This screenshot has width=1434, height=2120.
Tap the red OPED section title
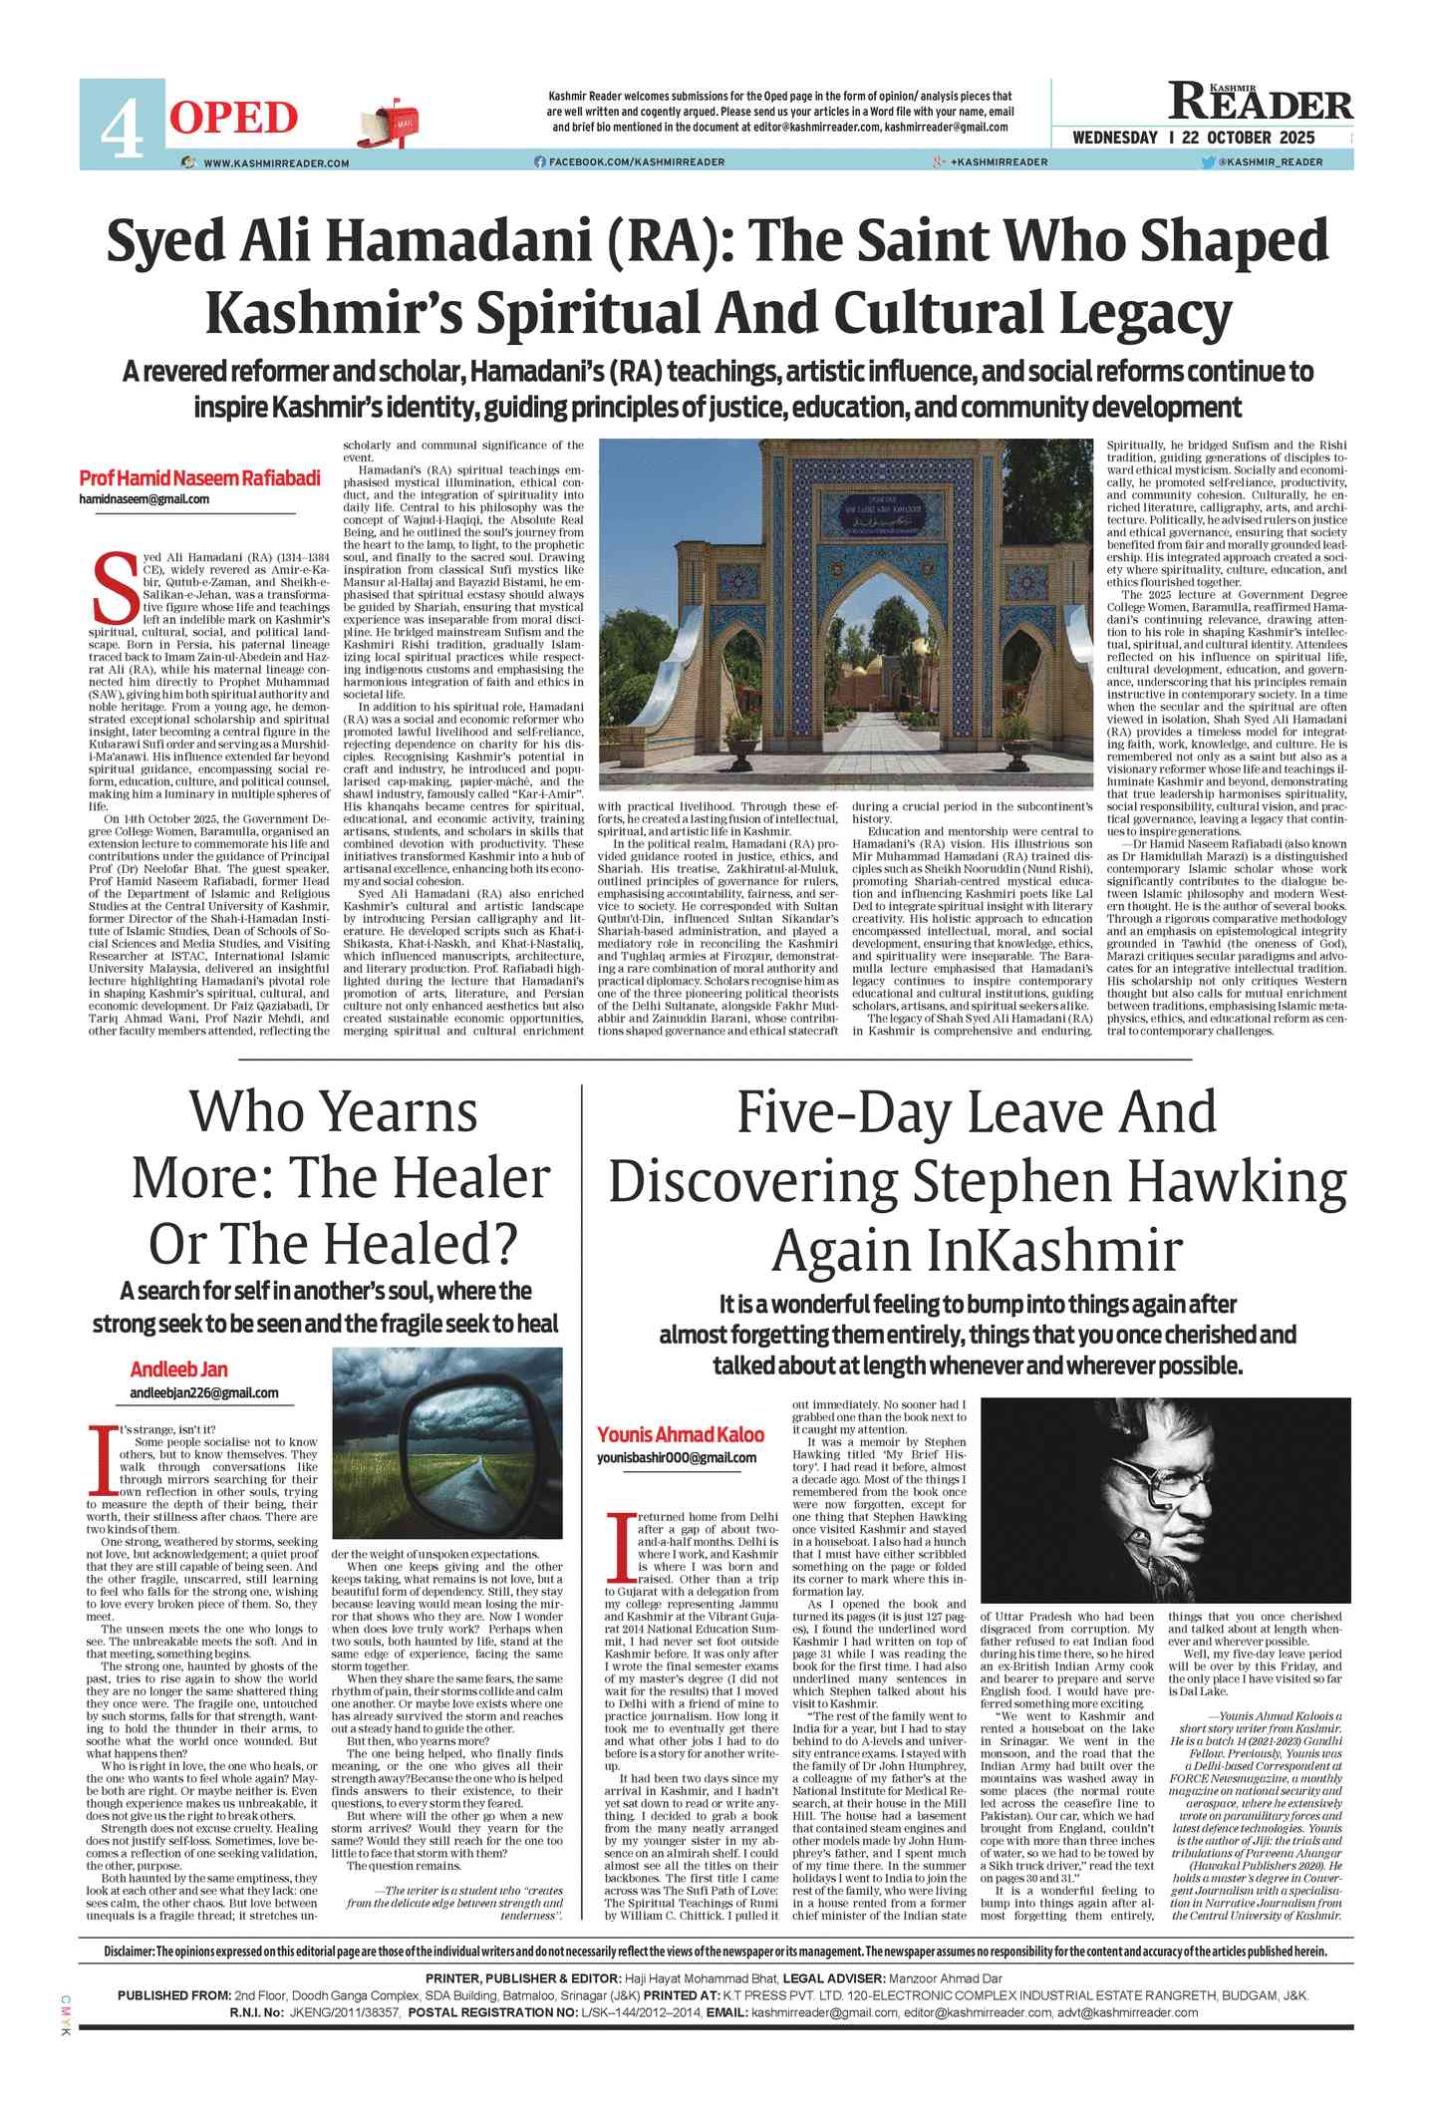(x=234, y=118)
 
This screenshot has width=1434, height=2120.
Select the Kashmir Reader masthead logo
(x=1261, y=102)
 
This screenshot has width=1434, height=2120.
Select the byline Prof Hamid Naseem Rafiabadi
(x=199, y=478)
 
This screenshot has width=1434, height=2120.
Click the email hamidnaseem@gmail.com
(x=144, y=499)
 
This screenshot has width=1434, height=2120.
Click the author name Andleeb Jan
(x=179, y=1369)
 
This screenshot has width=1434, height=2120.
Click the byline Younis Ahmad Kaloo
(x=681, y=1434)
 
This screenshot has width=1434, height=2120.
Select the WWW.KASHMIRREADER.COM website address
(x=276, y=162)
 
